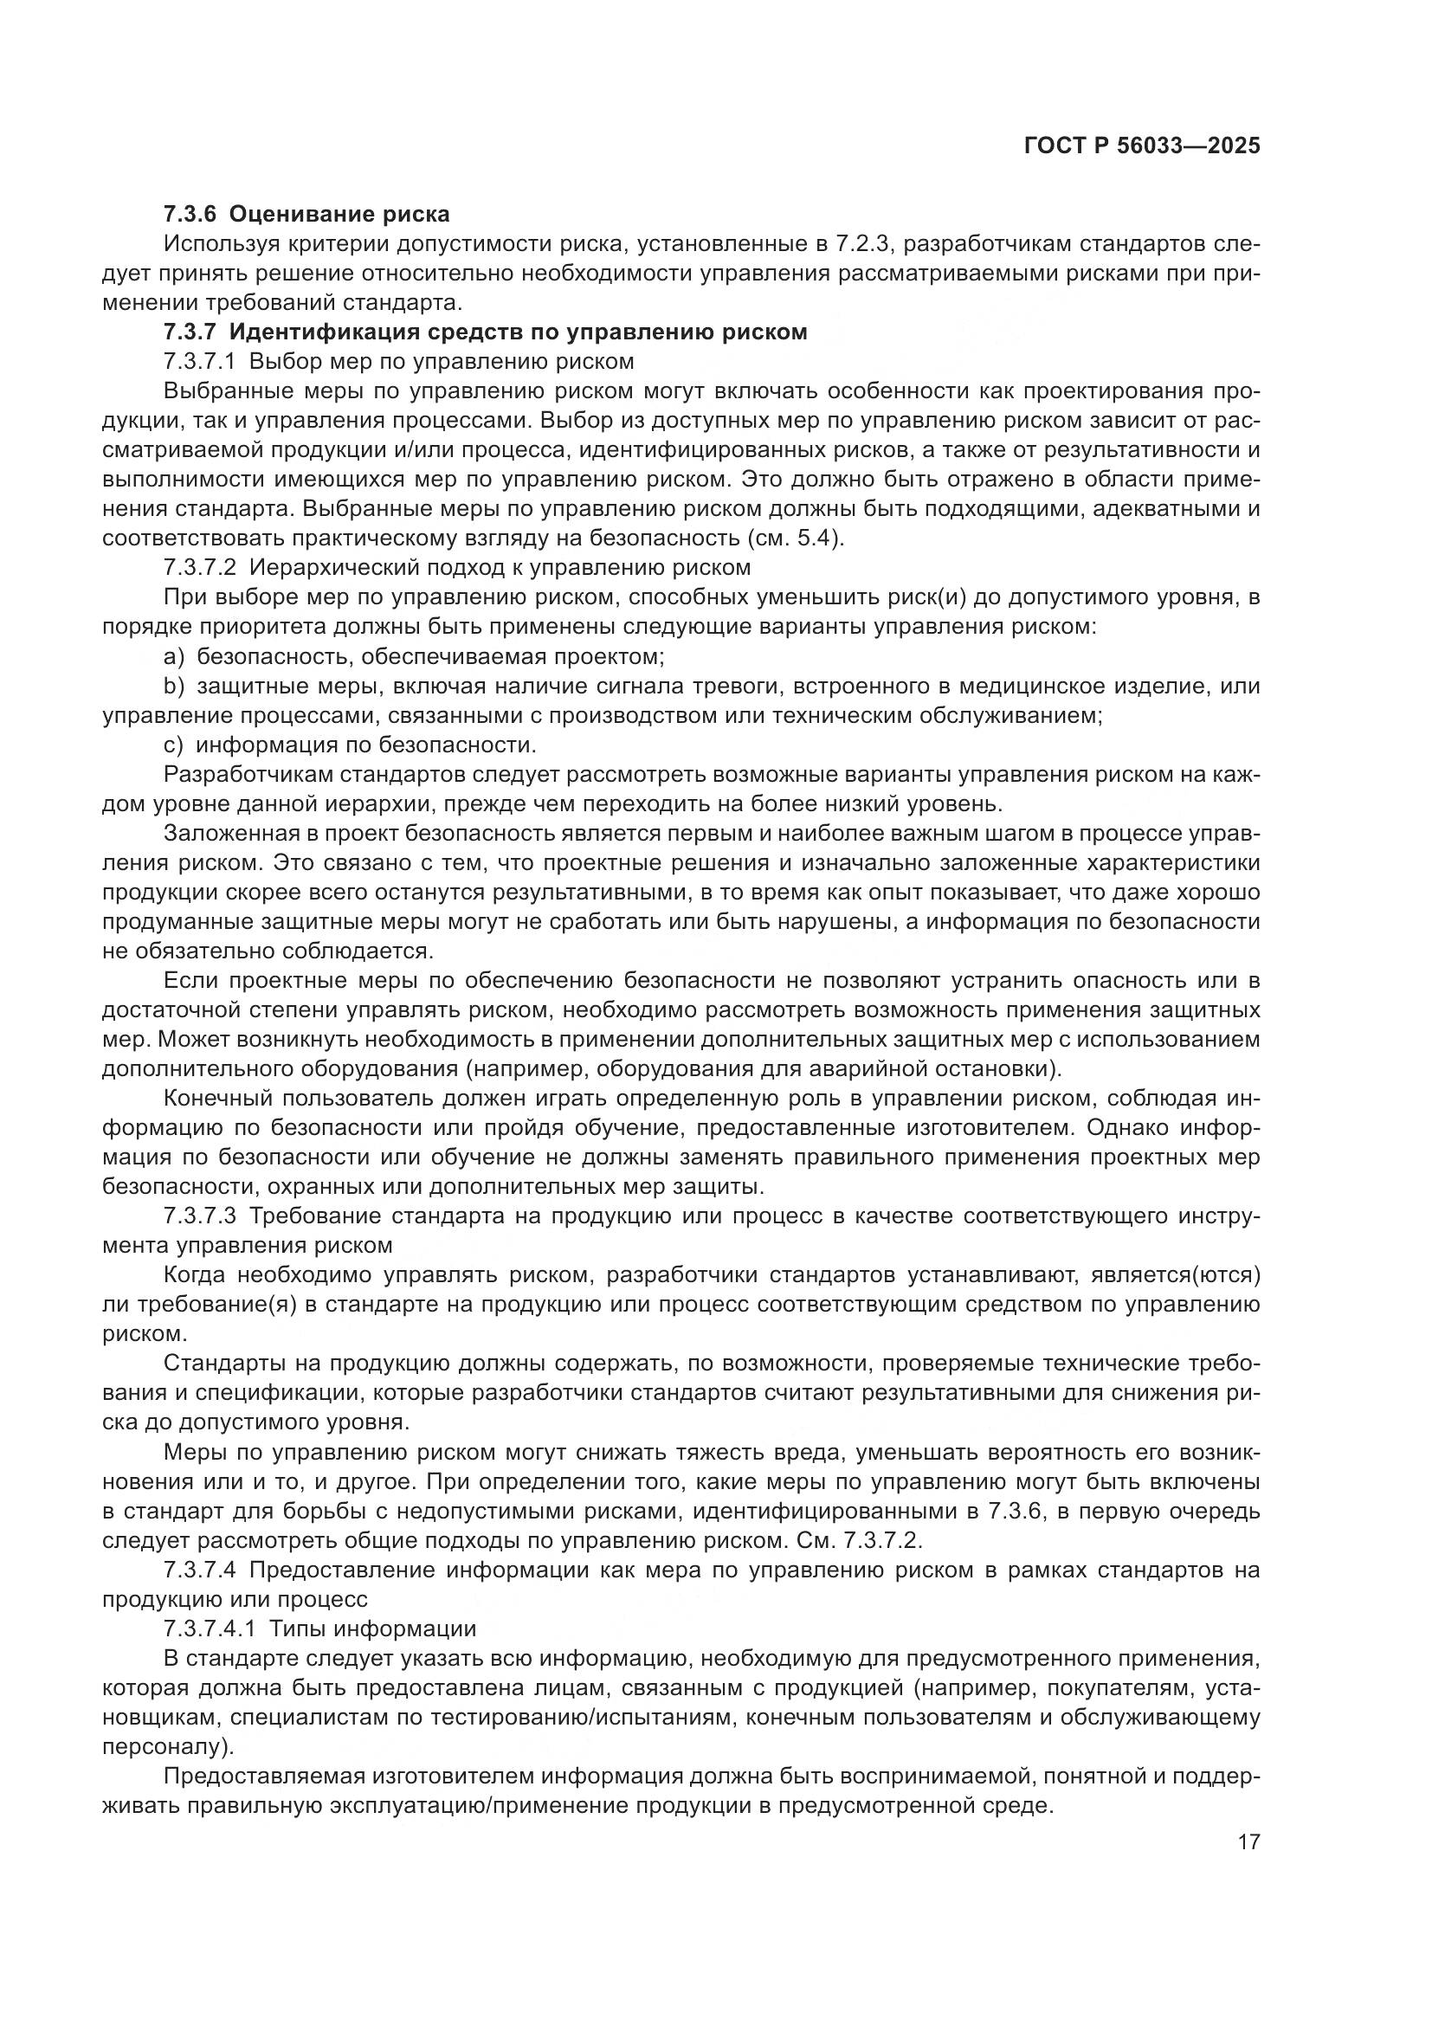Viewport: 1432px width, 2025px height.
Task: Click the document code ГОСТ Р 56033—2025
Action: [1141, 145]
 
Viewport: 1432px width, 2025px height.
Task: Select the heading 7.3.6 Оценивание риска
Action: [306, 215]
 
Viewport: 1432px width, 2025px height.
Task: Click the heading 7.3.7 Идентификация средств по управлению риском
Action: [485, 332]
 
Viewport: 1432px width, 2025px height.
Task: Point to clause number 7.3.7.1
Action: [200, 362]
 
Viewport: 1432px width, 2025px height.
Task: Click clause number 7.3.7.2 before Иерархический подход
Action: [200, 568]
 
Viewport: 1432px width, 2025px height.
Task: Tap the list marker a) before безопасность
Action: [174, 656]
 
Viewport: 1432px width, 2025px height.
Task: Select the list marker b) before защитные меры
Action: [174, 687]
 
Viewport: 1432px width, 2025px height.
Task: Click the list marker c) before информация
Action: [173, 745]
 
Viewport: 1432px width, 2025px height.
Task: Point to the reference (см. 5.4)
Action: [795, 538]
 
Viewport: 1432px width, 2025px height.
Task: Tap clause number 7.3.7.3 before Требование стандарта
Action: [200, 1216]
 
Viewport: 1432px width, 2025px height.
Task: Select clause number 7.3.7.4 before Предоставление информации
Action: [200, 1570]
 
